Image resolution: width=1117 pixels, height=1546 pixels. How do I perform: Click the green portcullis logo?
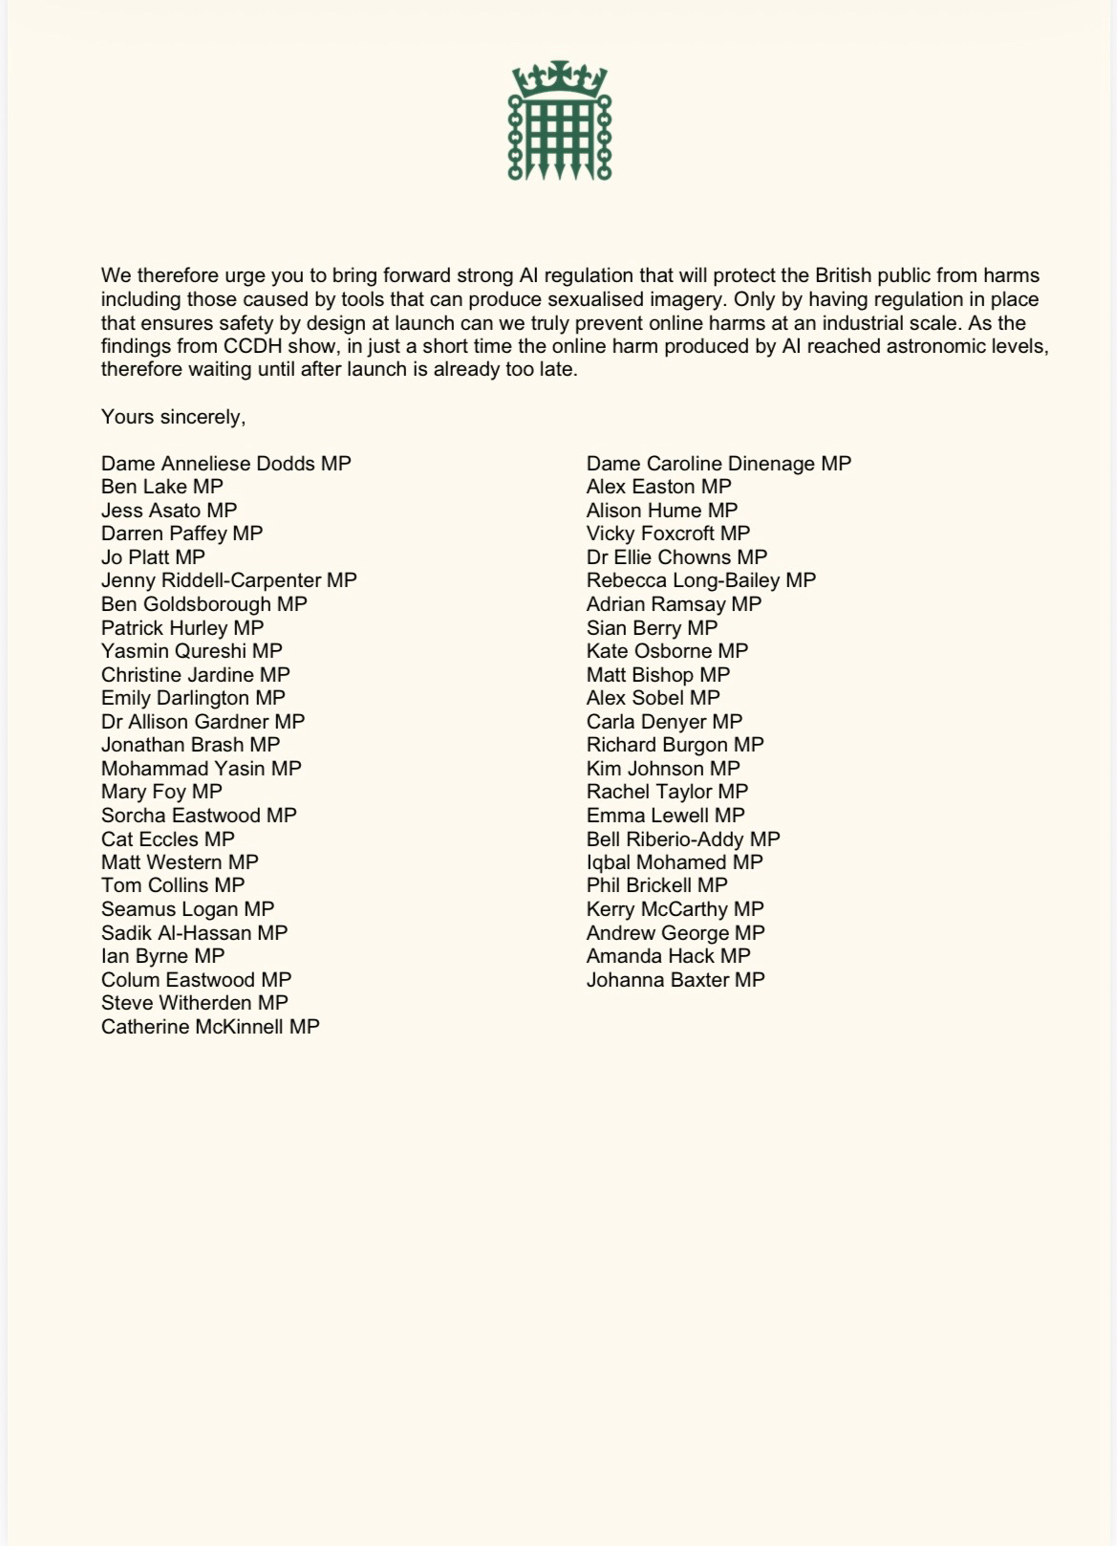(560, 122)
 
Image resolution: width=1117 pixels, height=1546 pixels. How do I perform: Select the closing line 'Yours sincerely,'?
(173, 417)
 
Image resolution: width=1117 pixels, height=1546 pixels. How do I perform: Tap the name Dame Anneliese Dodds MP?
(226, 464)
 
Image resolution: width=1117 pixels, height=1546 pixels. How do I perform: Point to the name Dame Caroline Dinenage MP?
(719, 464)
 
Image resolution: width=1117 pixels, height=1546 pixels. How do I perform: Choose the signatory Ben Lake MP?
(162, 487)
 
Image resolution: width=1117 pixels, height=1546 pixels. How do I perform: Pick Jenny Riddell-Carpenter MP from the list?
(229, 580)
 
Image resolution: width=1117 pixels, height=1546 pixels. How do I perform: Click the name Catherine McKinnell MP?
(210, 1027)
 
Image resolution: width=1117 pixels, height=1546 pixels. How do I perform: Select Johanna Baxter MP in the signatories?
(676, 980)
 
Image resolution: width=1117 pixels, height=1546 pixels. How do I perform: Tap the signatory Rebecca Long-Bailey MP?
(701, 580)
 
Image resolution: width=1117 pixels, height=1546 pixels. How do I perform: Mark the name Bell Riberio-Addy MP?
(683, 839)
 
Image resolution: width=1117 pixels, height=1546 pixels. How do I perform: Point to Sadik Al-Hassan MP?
(194, 933)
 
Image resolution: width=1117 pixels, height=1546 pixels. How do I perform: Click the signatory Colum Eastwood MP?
(196, 980)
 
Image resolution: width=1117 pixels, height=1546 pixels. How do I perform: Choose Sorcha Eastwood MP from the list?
(199, 816)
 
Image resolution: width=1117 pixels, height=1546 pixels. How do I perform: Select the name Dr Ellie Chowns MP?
(677, 557)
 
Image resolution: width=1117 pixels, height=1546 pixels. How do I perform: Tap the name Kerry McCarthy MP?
(675, 909)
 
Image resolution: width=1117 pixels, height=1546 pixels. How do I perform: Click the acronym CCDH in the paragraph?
(249, 346)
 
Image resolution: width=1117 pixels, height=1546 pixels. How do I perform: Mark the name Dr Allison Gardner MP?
(203, 722)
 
